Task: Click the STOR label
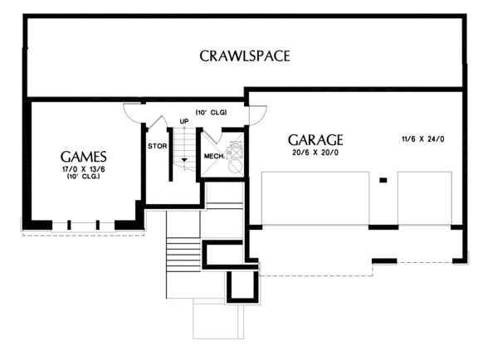point(158,146)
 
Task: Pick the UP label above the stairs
point(184,122)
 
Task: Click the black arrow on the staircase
point(184,156)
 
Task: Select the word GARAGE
point(315,139)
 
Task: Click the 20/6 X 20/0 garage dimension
point(315,154)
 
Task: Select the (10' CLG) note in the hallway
point(211,111)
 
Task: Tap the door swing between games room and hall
point(134,111)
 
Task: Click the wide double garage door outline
point(315,197)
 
